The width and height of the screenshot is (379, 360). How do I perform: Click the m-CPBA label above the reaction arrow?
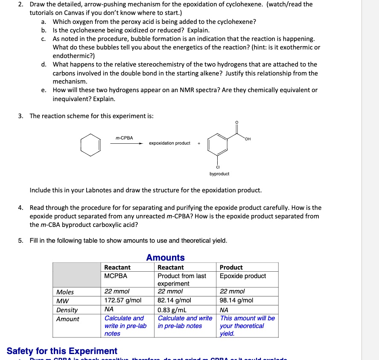point(124,138)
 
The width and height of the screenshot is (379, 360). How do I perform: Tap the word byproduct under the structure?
point(219,174)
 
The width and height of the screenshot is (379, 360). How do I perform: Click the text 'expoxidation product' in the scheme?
point(169,143)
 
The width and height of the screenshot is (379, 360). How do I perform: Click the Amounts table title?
point(165,258)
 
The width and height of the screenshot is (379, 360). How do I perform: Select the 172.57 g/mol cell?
point(123,300)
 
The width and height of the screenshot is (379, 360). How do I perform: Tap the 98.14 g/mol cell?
point(236,300)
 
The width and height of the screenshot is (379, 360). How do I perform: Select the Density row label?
point(67,310)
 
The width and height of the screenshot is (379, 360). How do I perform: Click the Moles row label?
point(65,292)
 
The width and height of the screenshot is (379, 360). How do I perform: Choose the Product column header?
point(231,267)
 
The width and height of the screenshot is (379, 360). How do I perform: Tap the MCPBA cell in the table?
point(116,276)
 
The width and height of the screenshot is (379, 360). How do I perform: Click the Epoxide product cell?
point(243,276)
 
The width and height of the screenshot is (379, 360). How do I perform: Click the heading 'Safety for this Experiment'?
point(62,351)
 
